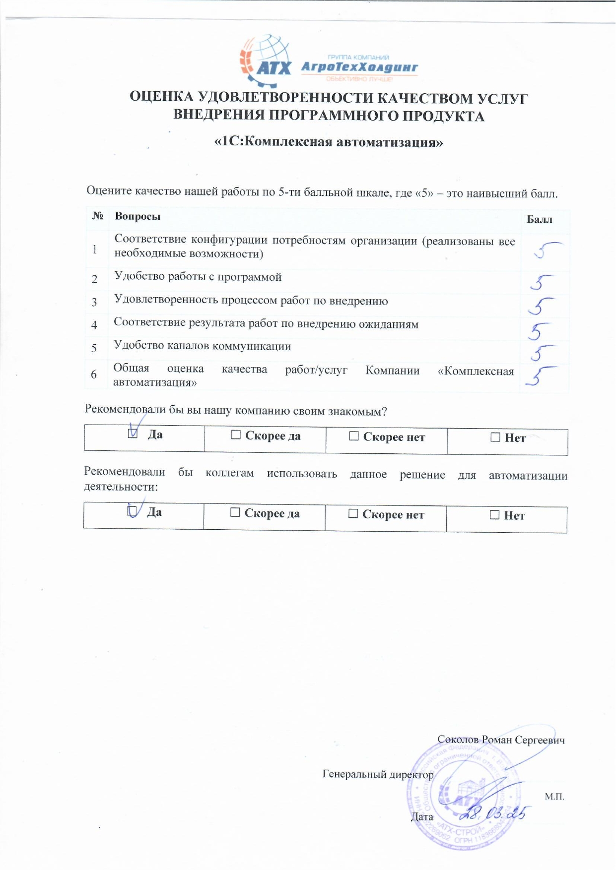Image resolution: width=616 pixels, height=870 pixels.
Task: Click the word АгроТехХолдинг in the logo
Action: click(x=359, y=67)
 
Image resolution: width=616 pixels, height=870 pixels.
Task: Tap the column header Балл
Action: click(x=539, y=220)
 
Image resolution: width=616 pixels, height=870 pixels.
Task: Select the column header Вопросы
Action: click(x=137, y=216)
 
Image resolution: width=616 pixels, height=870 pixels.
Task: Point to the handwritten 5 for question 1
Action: click(x=546, y=249)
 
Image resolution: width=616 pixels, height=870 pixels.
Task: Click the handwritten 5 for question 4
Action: click(x=540, y=330)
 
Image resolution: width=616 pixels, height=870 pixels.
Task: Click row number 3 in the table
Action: click(x=94, y=302)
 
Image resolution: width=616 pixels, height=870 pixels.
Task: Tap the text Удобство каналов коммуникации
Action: click(x=202, y=346)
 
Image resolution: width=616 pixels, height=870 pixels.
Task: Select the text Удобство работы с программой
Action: click(x=198, y=277)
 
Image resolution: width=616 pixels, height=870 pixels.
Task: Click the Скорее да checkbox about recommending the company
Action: click(x=236, y=435)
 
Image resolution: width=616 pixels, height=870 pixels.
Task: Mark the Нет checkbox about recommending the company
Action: click(x=495, y=437)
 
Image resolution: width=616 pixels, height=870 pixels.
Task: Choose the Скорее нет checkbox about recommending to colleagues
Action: click(x=353, y=513)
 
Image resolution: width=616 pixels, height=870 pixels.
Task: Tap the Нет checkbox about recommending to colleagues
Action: click(x=494, y=515)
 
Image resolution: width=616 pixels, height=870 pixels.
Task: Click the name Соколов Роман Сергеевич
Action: click(x=501, y=740)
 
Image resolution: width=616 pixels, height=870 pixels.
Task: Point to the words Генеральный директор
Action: click(x=378, y=774)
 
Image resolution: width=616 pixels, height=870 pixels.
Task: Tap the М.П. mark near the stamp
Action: click(x=554, y=797)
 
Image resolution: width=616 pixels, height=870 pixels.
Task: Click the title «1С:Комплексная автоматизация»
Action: click(x=328, y=142)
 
